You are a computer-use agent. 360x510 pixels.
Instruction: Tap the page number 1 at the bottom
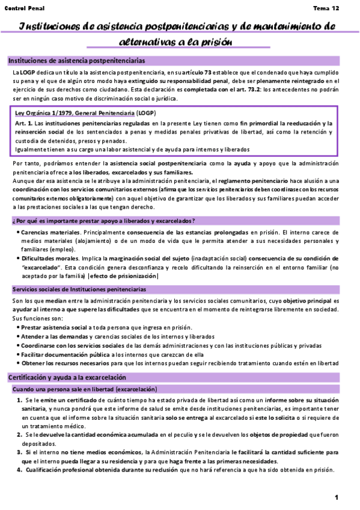click(337, 497)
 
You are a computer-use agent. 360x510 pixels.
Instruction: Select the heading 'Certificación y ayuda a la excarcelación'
click(67, 377)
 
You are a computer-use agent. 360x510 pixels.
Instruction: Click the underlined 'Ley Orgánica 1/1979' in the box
click(44, 113)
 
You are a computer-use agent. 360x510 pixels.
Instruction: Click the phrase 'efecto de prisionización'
click(123, 276)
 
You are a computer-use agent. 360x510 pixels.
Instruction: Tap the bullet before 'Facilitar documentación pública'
click(18, 355)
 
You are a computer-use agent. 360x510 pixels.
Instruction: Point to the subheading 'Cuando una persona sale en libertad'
click(70, 389)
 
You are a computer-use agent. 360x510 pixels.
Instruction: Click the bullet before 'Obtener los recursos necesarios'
click(18, 364)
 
